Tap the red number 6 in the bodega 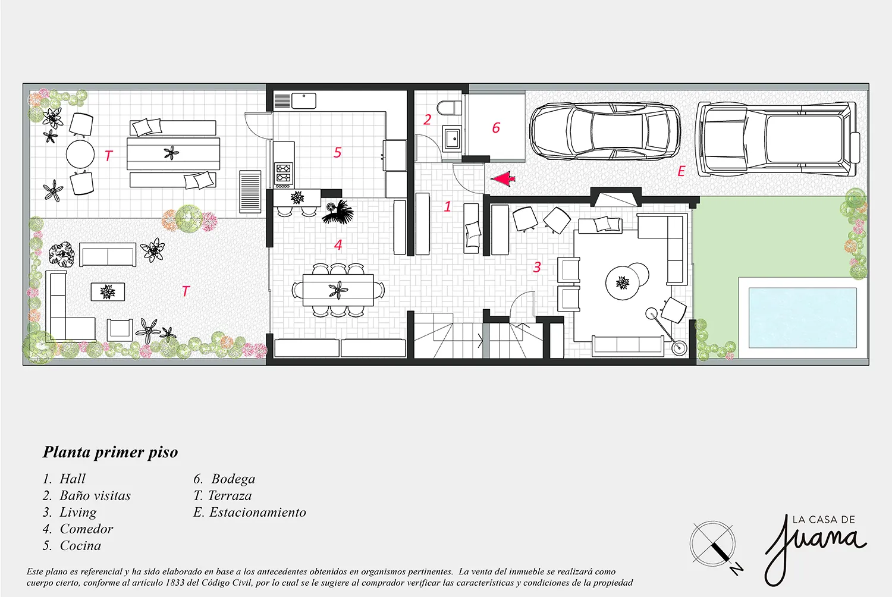[496, 128]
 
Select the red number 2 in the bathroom [428, 120]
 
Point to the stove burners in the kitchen [283, 173]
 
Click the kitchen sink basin [304, 100]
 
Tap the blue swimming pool [803, 318]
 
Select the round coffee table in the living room [623, 283]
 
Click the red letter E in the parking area [681, 171]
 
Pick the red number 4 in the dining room [338, 244]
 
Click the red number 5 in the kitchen [337, 152]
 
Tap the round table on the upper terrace [80, 154]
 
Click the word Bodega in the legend [233, 479]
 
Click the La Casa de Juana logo [815, 549]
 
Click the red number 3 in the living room [537, 267]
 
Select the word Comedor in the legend [86, 529]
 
